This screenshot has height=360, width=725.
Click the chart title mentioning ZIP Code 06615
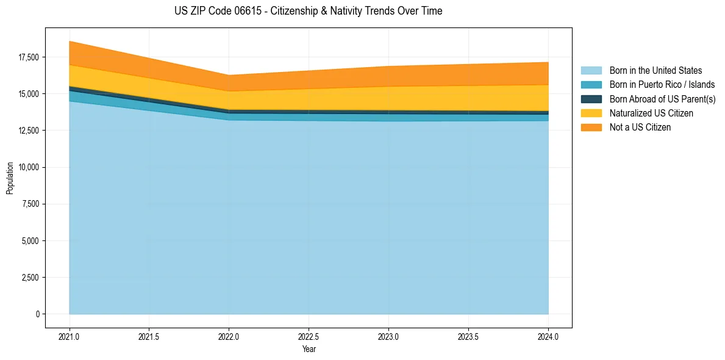pyautogui.click(x=308, y=11)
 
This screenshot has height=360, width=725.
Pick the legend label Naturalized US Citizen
pyautogui.click(x=651, y=113)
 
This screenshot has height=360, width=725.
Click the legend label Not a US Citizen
pyautogui.click(x=640, y=128)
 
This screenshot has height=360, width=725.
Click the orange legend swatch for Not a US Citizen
pyautogui.click(x=591, y=128)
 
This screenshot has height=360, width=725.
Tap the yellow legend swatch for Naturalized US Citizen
pyautogui.click(x=591, y=113)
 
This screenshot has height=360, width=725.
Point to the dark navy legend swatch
pyautogui.click(x=591, y=99)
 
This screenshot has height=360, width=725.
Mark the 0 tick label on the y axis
pyautogui.click(x=37, y=314)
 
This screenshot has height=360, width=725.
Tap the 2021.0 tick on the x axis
pyautogui.click(x=70, y=336)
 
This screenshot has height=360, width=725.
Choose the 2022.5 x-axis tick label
pyautogui.click(x=309, y=336)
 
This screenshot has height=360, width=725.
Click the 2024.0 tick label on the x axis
pyautogui.click(x=548, y=336)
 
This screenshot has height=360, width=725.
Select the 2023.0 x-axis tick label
pyautogui.click(x=388, y=336)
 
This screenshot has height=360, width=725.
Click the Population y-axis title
pyautogui.click(x=10, y=178)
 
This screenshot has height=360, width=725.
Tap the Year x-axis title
pyautogui.click(x=309, y=350)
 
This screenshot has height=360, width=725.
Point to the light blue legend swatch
pyautogui.click(x=591, y=71)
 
